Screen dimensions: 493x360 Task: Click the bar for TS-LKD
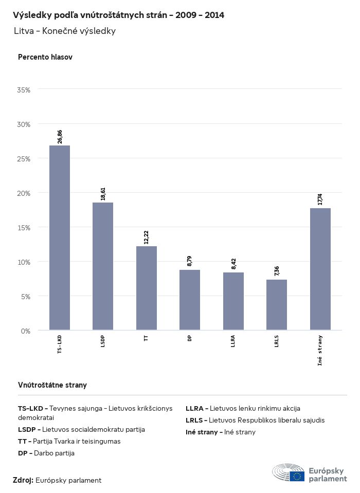[60, 238]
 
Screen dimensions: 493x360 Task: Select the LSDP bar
[103, 266]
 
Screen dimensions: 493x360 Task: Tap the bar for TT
[147, 288]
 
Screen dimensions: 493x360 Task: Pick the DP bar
[190, 300]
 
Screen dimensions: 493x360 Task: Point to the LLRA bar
[233, 301]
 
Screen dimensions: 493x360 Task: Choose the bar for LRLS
[277, 304]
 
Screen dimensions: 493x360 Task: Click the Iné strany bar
[320, 269]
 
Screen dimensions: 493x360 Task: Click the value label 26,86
[60, 137]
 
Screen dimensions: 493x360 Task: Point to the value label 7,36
[277, 271]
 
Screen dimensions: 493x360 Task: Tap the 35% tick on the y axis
[24, 90]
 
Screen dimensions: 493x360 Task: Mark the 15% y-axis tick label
[24, 228]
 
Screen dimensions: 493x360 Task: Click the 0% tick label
[26, 331]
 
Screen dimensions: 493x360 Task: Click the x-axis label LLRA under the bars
[233, 342]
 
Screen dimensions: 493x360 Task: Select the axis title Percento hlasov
[45, 57]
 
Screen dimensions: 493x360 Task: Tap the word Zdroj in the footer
[23, 480]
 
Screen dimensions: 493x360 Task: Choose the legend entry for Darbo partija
[46, 453]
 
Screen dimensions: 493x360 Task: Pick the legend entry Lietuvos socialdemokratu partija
[81, 429]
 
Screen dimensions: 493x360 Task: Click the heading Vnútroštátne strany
[52, 385]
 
